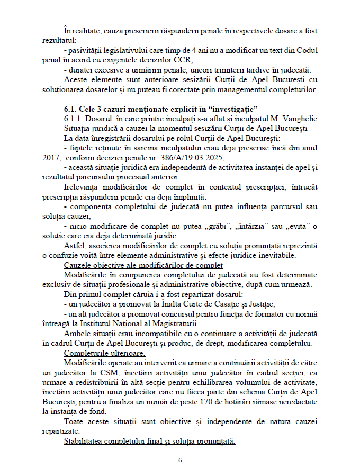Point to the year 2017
[50, 157]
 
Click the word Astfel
[74, 246]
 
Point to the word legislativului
[136, 50]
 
